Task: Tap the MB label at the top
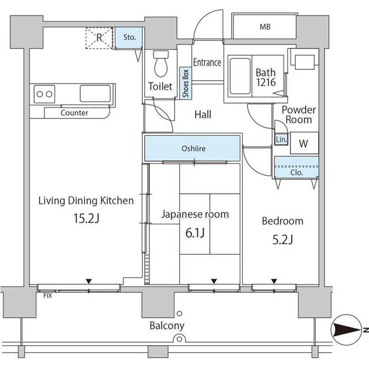click(x=265, y=27)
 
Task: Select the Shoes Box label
click(x=186, y=85)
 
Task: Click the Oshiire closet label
click(x=193, y=149)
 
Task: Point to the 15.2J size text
click(x=86, y=220)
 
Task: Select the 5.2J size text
click(x=282, y=239)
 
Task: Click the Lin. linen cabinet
click(x=281, y=140)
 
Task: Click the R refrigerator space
click(x=99, y=38)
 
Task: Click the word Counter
click(x=74, y=113)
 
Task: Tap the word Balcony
click(x=167, y=326)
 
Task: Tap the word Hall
click(x=202, y=115)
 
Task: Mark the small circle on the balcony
click(x=179, y=314)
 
